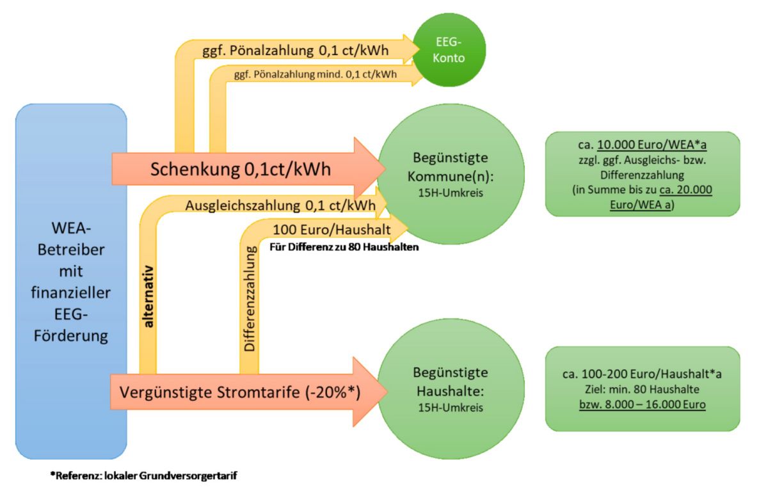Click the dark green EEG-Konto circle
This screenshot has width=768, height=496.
click(x=449, y=50)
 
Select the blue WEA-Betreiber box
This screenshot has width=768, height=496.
click(x=71, y=282)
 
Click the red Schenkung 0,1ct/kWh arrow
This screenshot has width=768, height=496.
click(x=240, y=170)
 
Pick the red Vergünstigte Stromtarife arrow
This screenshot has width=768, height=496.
click(x=237, y=392)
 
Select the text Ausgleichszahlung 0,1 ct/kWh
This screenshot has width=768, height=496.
click(x=280, y=205)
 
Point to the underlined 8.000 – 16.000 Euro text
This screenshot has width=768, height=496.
click(x=641, y=404)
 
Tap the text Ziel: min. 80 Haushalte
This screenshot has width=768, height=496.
click(x=641, y=389)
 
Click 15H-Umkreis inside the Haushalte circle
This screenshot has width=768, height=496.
click(x=442, y=408)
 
